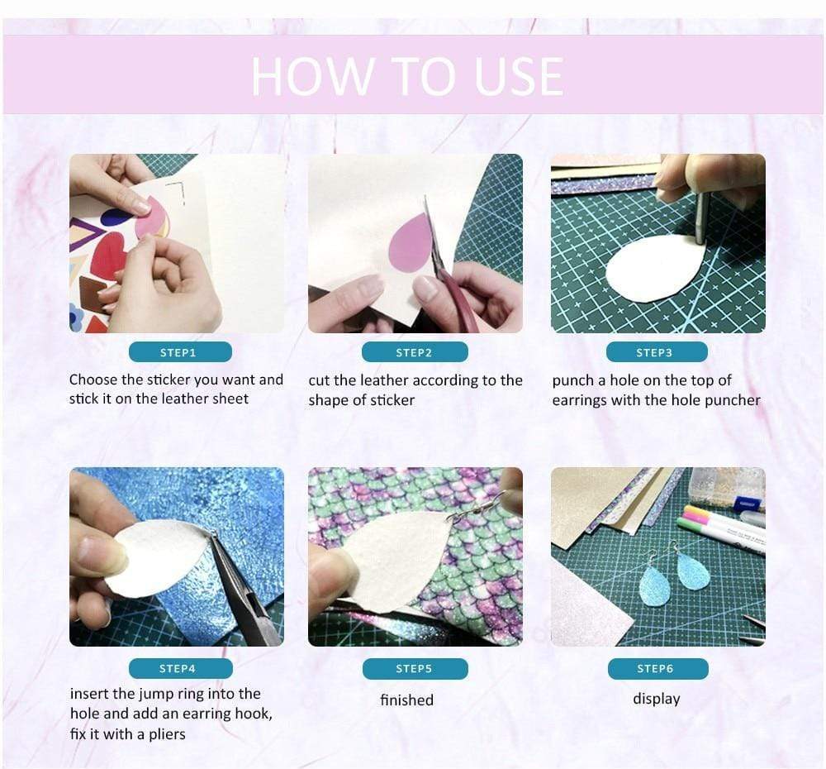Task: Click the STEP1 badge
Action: (180, 351)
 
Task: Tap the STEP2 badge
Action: (415, 351)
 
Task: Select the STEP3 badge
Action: (657, 351)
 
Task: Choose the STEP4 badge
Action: (180, 668)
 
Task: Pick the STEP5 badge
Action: (415, 668)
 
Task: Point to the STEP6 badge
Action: (657, 668)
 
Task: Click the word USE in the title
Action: (519, 77)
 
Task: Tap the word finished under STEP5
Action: (406, 700)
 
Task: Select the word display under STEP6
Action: (657, 699)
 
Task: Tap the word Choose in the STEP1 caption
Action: (93, 380)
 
